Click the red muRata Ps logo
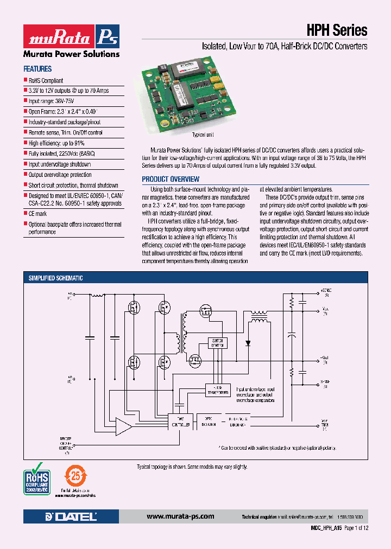click(x=71, y=37)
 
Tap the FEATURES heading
click(x=37, y=69)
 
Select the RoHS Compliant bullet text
click(x=46, y=80)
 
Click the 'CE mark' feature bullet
click(x=37, y=214)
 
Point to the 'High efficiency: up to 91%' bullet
click(x=56, y=143)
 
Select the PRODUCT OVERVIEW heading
click(x=171, y=179)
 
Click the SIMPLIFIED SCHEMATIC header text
click(x=56, y=278)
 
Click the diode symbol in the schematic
click(x=248, y=343)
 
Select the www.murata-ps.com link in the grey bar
click(x=180, y=516)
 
